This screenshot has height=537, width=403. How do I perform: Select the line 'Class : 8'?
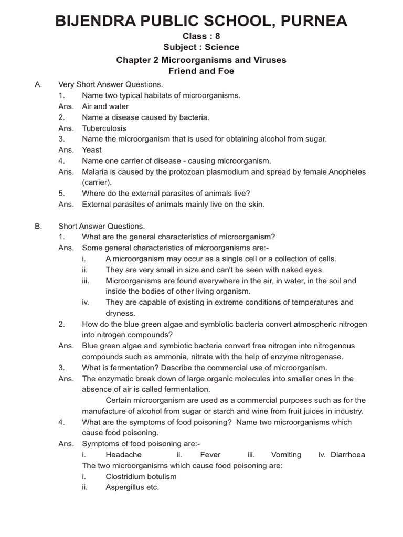(x=201, y=36)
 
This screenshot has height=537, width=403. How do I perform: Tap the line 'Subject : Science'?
(x=201, y=47)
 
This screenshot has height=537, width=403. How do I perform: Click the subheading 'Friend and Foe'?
(x=201, y=71)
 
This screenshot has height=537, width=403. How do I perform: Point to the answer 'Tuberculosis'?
(x=104, y=128)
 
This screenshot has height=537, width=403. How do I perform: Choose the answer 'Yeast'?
(x=92, y=150)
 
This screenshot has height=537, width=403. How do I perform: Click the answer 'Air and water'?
(x=105, y=106)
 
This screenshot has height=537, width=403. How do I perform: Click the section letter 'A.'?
(x=38, y=84)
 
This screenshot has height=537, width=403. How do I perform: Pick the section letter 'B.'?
(x=38, y=226)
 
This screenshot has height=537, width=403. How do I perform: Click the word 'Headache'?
(x=123, y=455)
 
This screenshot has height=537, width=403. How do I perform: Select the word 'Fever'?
(x=210, y=455)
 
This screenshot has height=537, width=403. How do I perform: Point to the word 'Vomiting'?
(x=286, y=455)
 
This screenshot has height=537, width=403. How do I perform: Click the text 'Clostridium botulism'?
(x=141, y=477)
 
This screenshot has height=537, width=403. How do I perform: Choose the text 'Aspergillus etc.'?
(x=132, y=487)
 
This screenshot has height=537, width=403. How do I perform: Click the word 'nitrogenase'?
(x=323, y=357)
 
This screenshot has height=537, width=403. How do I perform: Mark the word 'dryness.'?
(x=121, y=313)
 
